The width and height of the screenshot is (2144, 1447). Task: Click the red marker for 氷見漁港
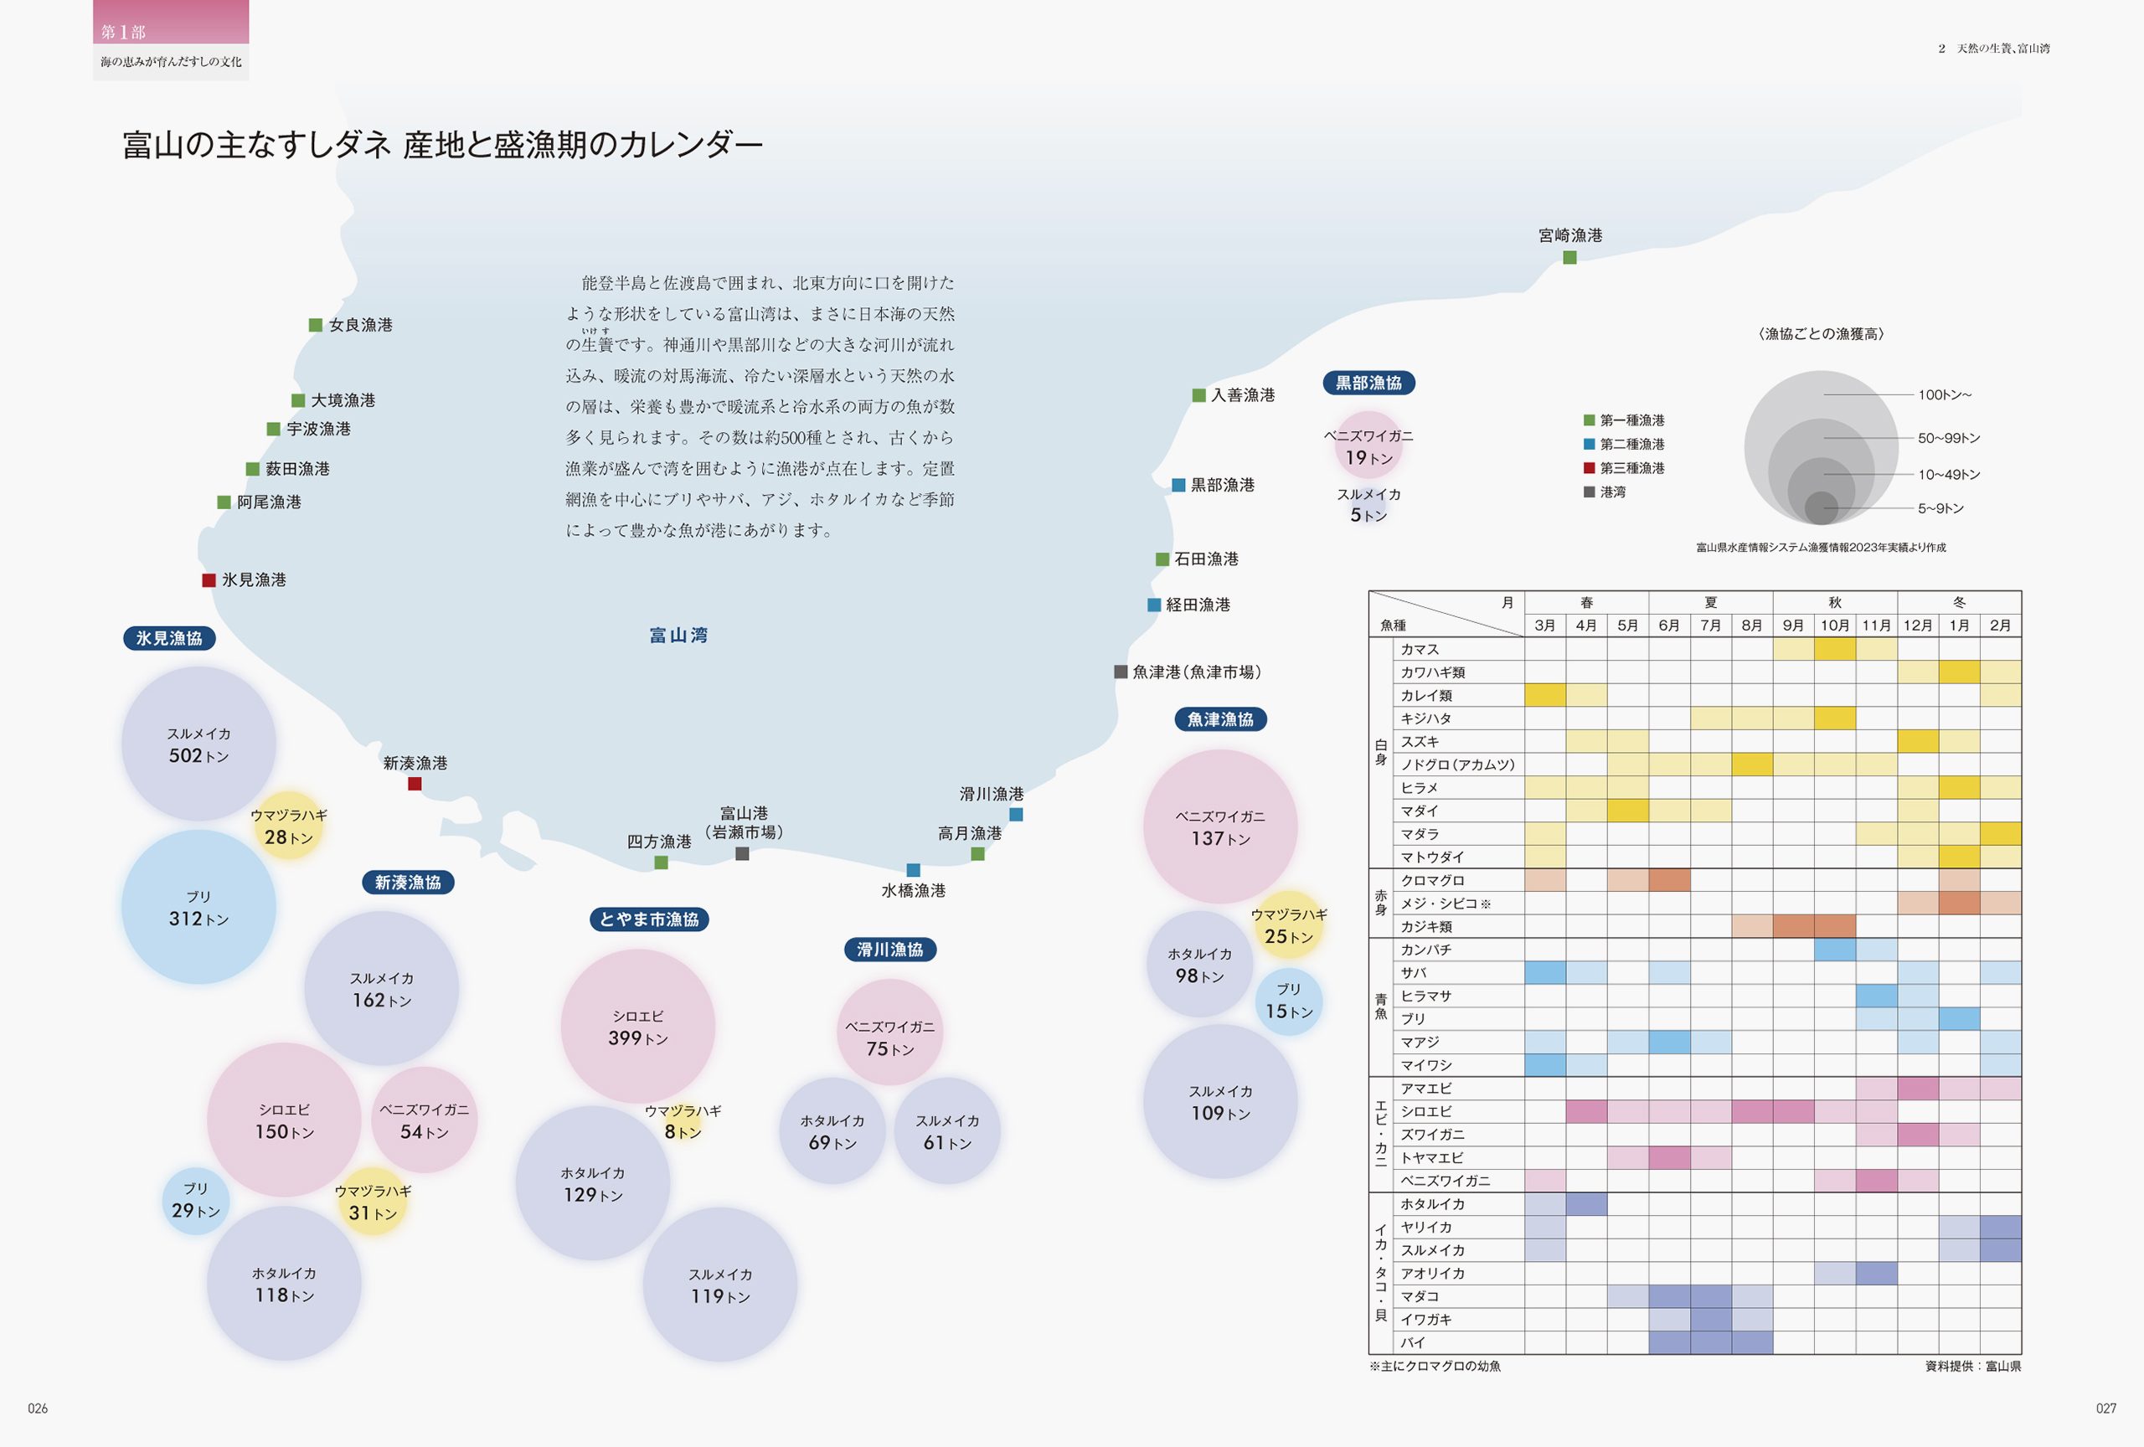(209, 580)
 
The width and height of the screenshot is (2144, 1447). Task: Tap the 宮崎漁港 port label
(1569, 235)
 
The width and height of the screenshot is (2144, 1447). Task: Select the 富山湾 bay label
(678, 636)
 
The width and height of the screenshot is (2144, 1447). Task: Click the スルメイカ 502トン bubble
(198, 744)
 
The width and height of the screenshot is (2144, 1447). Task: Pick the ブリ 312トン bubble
(198, 908)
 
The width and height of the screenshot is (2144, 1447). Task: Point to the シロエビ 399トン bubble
(637, 1027)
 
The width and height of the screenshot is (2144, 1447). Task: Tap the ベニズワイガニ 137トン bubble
(1219, 827)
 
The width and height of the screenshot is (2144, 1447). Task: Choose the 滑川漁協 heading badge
(889, 950)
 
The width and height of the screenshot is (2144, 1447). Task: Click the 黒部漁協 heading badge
(1368, 383)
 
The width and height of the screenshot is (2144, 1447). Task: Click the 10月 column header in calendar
(1834, 626)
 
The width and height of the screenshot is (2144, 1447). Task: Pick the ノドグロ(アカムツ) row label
(1456, 765)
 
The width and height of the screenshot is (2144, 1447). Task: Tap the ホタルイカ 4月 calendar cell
(1586, 1203)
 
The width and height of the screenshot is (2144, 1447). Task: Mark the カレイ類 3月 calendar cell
(1544, 695)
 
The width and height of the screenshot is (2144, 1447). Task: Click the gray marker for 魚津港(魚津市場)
(1121, 672)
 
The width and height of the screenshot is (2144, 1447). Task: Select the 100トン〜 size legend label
(1945, 394)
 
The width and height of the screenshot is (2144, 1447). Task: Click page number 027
(2105, 1408)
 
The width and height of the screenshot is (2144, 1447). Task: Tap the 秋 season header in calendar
(1834, 602)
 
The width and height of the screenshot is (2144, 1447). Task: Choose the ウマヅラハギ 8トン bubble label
(683, 1122)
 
